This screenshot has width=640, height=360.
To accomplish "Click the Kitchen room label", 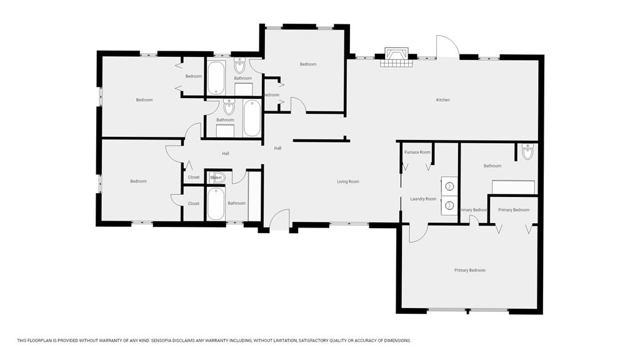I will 442,100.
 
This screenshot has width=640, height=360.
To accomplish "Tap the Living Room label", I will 348,182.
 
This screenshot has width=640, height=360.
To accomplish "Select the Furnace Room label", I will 417,152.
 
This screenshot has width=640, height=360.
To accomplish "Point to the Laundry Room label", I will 422,199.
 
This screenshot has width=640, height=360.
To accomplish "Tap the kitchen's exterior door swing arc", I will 447,46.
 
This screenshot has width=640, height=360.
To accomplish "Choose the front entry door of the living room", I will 279,220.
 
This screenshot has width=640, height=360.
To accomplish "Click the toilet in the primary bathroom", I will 527,151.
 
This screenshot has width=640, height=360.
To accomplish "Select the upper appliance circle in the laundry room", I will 448,186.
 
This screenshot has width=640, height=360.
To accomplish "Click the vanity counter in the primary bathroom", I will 513,187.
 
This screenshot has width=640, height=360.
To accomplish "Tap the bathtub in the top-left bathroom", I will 216,77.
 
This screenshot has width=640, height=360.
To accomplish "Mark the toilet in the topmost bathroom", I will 240,66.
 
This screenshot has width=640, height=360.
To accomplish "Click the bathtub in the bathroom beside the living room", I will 216,204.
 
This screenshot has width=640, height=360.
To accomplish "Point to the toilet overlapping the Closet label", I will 217,177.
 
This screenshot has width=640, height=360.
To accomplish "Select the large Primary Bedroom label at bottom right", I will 469,270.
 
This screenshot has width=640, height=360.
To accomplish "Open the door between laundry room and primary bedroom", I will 417,233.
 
